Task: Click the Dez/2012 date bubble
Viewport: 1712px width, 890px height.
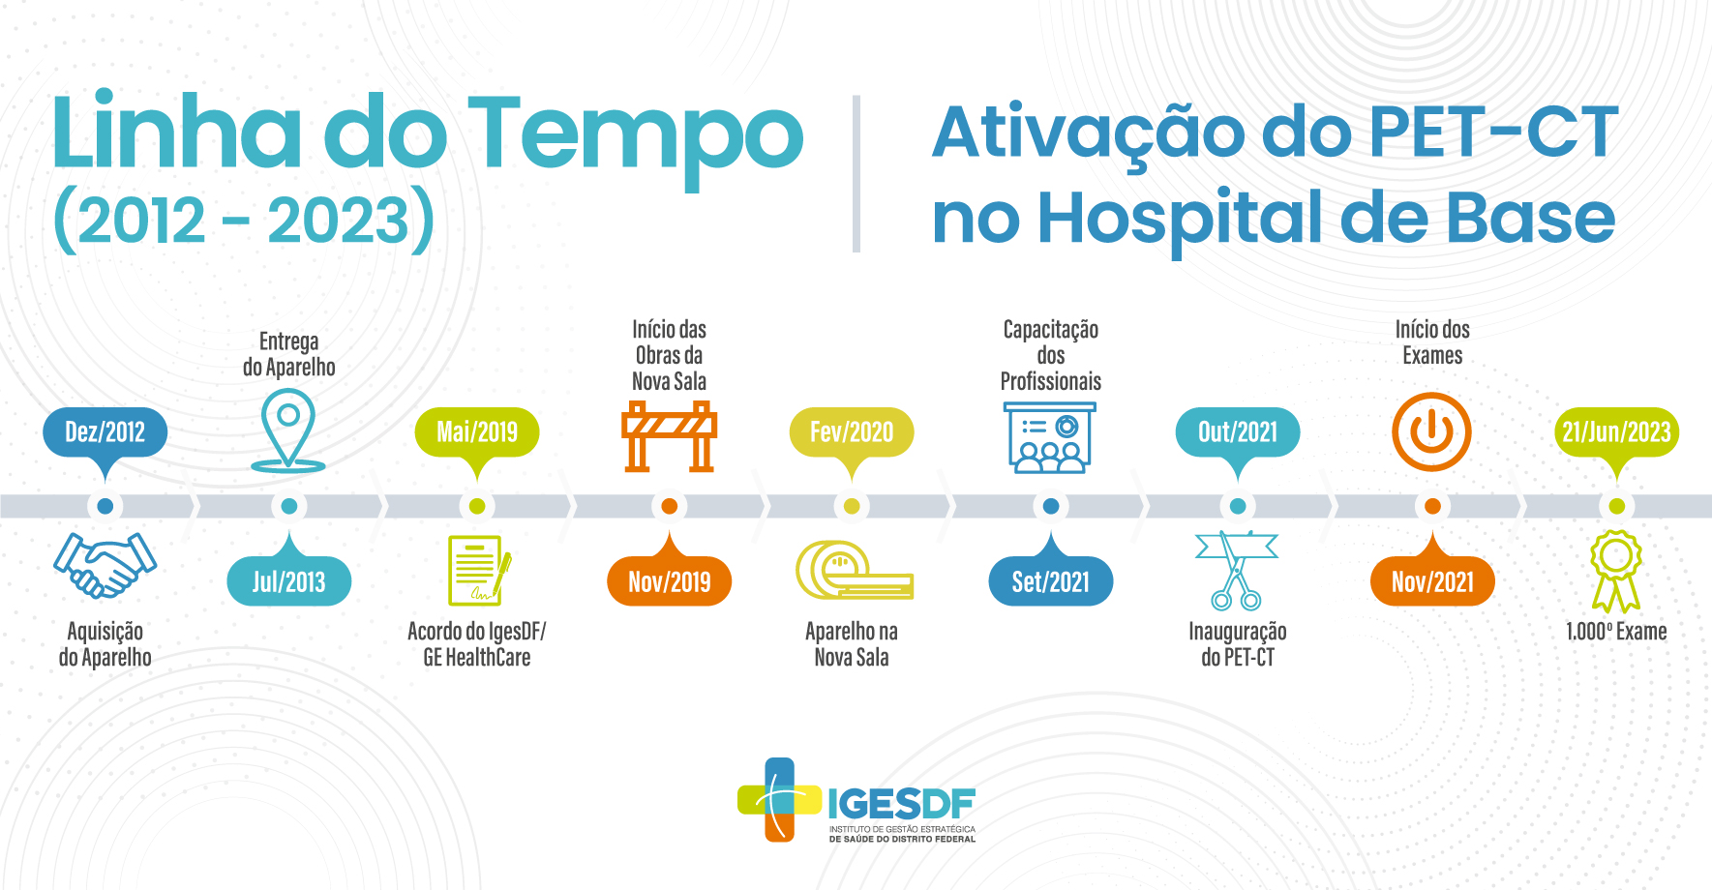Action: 105,432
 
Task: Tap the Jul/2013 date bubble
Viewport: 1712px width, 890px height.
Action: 288,581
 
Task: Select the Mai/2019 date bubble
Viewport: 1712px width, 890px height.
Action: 477,432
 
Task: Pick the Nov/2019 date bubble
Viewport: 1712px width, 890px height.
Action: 669,581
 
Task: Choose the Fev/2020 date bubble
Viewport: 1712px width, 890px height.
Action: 852,432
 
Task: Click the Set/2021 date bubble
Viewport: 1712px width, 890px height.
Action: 1051,581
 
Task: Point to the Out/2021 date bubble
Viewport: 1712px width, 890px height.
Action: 1238,432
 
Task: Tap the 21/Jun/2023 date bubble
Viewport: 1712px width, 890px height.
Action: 1617,432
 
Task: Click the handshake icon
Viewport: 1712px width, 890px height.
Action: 105,565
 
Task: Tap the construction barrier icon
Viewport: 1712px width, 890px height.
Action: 669,437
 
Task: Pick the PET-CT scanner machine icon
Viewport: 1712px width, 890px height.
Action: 854,571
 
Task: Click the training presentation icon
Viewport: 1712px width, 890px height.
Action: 1051,437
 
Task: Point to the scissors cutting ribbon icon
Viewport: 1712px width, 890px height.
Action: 1237,571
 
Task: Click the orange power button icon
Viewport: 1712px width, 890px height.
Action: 1432,432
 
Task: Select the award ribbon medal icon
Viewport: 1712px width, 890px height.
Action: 1616,571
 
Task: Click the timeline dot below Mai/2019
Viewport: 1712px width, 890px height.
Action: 477,506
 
